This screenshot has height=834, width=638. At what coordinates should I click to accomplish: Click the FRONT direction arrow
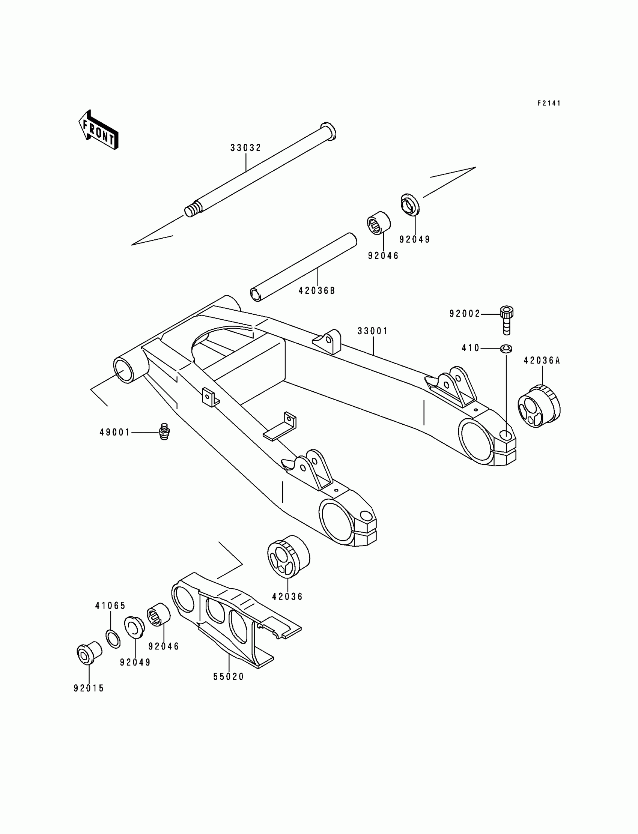(x=98, y=130)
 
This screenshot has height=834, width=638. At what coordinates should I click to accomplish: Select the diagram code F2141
(x=549, y=103)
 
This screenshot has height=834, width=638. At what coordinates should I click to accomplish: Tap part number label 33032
(x=246, y=148)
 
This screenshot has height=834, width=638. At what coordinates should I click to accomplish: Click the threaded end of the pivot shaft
(x=193, y=210)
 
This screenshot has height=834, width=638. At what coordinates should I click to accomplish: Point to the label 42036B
(x=317, y=291)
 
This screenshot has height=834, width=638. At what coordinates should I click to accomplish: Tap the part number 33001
(x=373, y=331)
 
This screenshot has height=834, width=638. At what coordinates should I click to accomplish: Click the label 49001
(x=115, y=432)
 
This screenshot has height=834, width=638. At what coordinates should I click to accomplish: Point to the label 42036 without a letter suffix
(x=287, y=597)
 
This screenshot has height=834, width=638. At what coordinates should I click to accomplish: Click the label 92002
(x=465, y=314)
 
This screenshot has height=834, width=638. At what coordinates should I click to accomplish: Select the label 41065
(x=110, y=606)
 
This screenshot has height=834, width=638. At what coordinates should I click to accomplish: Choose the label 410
(x=471, y=348)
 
